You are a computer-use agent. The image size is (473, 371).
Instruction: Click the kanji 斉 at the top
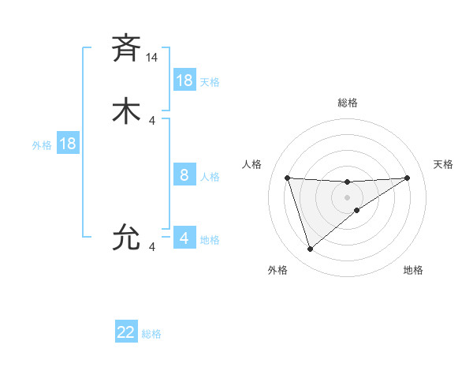[126, 49]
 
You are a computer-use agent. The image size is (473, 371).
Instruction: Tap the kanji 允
[126, 238]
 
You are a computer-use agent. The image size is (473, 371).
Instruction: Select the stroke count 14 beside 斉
[152, 58]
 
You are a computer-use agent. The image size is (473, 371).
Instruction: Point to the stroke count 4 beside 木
[152, 121]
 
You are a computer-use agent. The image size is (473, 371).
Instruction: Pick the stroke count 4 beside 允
[152, 248]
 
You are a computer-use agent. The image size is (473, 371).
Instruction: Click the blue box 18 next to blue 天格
[184, 81]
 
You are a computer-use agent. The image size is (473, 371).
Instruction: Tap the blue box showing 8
[184, 175]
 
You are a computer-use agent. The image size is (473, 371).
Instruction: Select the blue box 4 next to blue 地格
[184, 238]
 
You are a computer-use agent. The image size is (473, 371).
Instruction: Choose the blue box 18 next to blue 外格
[68, 144]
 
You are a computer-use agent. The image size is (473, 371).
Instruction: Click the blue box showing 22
[126, 332]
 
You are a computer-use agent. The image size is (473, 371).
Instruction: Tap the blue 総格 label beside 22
[151, 334]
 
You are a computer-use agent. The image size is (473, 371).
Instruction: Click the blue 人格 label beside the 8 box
[210, 177]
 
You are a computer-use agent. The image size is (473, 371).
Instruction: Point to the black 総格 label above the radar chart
[347, 103]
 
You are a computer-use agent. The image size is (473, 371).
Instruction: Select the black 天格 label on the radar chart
[443, 164]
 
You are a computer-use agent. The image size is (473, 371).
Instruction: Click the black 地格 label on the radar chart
[413, 270]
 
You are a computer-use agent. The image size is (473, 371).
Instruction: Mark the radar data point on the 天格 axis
[407, 178]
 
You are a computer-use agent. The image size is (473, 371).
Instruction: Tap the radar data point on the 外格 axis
[310, 249]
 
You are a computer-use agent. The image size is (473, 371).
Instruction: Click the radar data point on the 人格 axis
[288, 178]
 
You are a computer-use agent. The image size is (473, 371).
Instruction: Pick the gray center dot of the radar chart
[347, 197]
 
